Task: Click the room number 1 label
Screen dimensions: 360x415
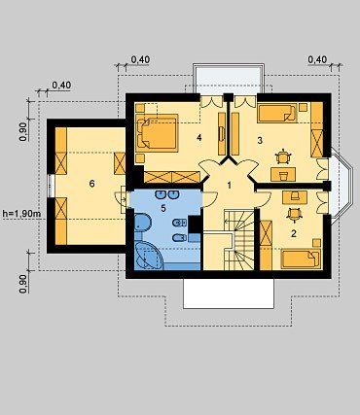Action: point(230,186)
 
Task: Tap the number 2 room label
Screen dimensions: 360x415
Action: point(294,233)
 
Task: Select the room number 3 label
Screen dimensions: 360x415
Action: point(260,141)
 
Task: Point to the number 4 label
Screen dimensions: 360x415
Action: point(199,138)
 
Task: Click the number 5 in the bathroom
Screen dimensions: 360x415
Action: point(163,208)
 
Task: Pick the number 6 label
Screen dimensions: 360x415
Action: point(92,184)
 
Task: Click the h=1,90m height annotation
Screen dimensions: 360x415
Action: point(21,213)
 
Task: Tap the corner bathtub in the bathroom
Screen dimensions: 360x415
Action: point(149,256)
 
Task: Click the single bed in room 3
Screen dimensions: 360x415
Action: point(277,113)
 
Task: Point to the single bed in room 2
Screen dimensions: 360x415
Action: point(301,259)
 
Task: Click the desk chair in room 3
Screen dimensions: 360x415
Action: point(284,156)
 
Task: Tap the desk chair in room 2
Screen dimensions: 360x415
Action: point(294,215)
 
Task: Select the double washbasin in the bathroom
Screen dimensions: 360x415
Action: point(167,194)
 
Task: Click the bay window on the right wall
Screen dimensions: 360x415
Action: point(342,185)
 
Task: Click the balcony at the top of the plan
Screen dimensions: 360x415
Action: point(229,79)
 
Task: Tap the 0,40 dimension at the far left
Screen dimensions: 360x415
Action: point(61,86)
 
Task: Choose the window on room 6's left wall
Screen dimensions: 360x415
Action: point(50,186)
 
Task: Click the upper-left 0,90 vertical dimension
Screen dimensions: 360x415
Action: point(23,131)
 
